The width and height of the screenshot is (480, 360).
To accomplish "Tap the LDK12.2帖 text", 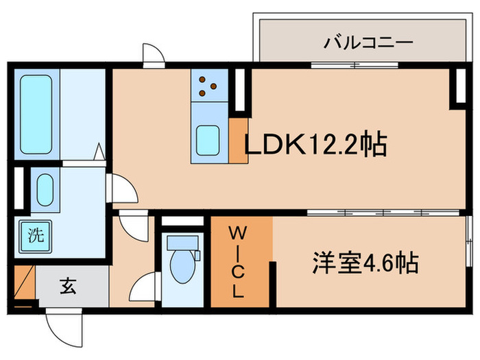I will click(316, 145).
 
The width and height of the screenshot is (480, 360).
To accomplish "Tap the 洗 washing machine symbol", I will click(34, 235).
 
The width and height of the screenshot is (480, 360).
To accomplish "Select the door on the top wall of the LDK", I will click(153, 56).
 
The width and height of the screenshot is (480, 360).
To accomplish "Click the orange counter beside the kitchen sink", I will click(239, 141).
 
